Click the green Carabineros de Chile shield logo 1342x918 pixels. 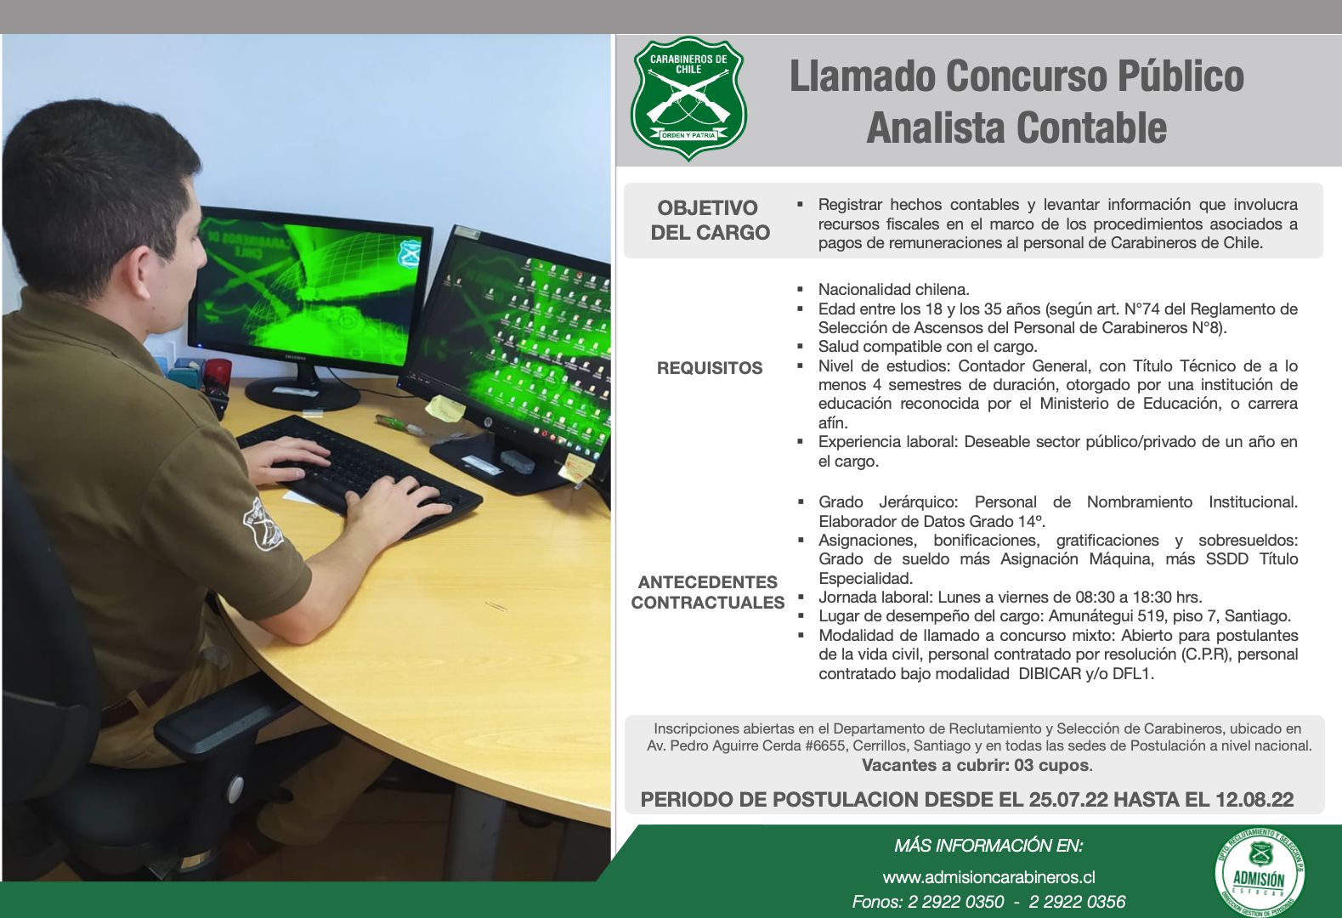click(x=688, y=99)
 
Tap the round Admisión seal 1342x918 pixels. click(x=1260, y=875)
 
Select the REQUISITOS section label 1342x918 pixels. click(x=710, y=368)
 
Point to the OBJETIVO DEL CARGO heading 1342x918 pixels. click(x=710, y=220)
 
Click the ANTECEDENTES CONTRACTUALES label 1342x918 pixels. click(x=707, y=592)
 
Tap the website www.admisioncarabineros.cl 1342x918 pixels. click(x=988, y=877)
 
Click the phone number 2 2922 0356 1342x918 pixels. click(x=1077, y=902)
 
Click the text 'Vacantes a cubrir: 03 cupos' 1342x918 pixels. click(x=976, y=765)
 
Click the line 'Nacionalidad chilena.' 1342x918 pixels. click(x=893, y=289)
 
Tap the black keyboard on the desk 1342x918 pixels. click(x=360, y=473)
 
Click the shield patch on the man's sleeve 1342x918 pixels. click(x=263, y=524)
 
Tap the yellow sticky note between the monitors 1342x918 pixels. click(x=445, y=409)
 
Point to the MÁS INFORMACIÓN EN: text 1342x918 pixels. click(x=988, y=846)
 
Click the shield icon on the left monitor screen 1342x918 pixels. click(x=409, y=253)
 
